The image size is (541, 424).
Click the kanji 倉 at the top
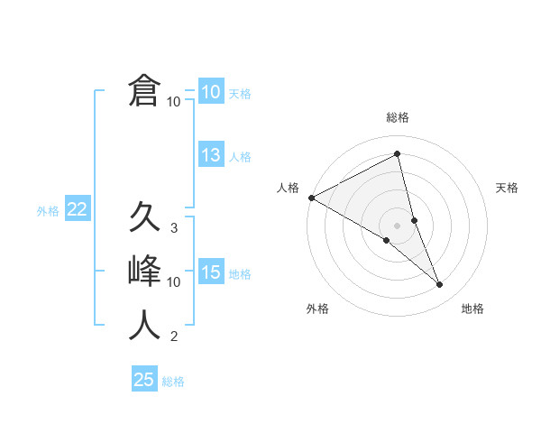(x=144, y=91)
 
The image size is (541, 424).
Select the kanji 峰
(x=144, y=272)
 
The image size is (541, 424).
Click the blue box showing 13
(x=211, y=155)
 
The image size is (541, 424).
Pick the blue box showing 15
(x=211, y=272)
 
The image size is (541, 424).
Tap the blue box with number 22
(x=78, y=210)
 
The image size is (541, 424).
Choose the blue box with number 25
(x=144, y=380)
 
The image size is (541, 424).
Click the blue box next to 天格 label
(x=211, y=92)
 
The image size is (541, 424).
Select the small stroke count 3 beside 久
(x=174, y=228)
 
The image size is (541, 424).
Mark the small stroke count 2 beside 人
(x=174, y=337)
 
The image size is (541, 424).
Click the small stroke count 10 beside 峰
(x=174, y=282)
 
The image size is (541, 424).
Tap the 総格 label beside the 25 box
(x=173, y=382)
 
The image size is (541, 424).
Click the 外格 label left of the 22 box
(x=48, y=211)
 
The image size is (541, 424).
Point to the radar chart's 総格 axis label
(x=398, y=117)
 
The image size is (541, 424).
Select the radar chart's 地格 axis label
(x=472, y=309)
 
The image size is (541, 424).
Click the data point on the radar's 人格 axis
(x=311, y=197)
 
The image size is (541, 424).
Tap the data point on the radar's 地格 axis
(x=440, y=285)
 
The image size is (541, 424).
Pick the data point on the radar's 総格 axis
(x=398, y=153)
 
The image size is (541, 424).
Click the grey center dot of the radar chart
(x=398, y=224)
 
